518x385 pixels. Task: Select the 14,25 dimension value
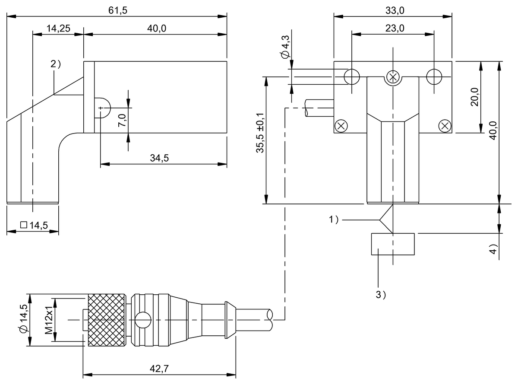click(57, 29)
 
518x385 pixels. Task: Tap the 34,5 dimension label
click(159, 158)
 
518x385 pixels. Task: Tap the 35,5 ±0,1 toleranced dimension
click(260, 133)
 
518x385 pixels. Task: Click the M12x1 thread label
click(49, 320)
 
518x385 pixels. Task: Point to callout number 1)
click(334, 220)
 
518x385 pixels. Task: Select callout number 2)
click(56, 64)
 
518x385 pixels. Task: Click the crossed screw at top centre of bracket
click(393, 77)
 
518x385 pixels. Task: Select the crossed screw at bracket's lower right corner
click(445, 126)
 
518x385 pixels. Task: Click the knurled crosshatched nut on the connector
click(107, 320)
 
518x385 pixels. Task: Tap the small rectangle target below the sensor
click(392, 244)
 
